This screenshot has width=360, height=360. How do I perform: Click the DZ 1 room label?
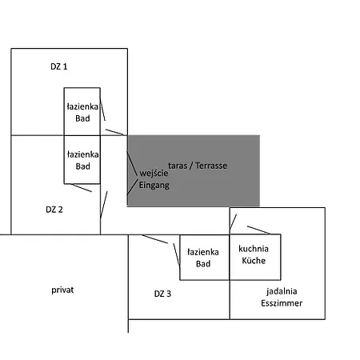[x=59, y=66]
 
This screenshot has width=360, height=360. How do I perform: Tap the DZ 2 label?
[x=54, y=210]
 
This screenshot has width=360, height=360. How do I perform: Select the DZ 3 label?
[x=162, y=294]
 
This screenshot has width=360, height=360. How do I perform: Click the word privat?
[x=62, y=290]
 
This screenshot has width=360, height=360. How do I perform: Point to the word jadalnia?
[x=282, y=291]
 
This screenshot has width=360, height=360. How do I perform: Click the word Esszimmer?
[x=282, y=303]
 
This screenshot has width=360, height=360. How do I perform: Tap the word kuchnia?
[x=254, y=249]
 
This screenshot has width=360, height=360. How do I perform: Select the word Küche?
[x=254, y=260]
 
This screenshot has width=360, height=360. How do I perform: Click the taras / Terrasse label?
[x=198, y=166]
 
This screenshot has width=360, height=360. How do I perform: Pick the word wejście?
[x=154, y=174]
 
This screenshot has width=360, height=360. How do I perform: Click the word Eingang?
[x=154, y=185]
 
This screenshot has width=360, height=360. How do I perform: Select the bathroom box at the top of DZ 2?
[x=64, y=159]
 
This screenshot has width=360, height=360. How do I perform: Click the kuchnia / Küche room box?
[x=281, y=257]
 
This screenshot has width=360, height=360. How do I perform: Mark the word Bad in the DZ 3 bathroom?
[x=203, y=264]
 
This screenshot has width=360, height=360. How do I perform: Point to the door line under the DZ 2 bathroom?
[x=81, y=187]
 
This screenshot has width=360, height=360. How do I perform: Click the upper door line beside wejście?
[x=132, y=163]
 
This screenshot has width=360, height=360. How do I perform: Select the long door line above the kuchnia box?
[x=258, y=230]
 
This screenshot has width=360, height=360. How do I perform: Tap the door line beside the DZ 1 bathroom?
[x=102, y=110]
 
